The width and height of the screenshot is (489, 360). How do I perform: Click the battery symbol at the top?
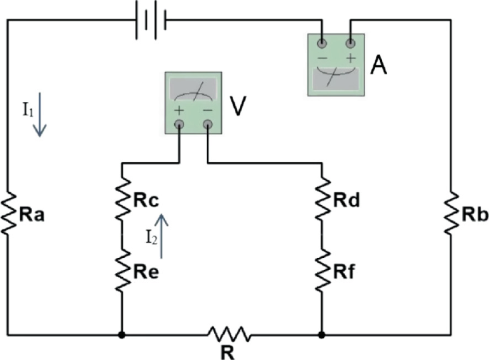[x=151, y=19]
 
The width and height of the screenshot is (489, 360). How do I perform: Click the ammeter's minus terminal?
[x=322, y=44]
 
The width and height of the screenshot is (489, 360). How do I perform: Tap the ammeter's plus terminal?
[x=351, y=44]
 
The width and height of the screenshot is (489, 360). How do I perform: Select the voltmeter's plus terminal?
[x=178, y=124]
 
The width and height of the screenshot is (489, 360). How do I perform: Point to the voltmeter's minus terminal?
[x=208, y=124]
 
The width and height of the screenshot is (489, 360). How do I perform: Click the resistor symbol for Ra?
[x=8, y=212]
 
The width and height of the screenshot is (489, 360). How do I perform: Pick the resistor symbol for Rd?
[x=322, y=201]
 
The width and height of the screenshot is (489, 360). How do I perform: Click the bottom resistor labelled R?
[x=229, y=334]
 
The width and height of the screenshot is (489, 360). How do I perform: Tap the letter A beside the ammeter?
[x=380, y=67]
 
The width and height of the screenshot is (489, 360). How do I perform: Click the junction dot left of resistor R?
[x=122, y=334]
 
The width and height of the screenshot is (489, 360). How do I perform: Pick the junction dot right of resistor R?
[x=322, y=334]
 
